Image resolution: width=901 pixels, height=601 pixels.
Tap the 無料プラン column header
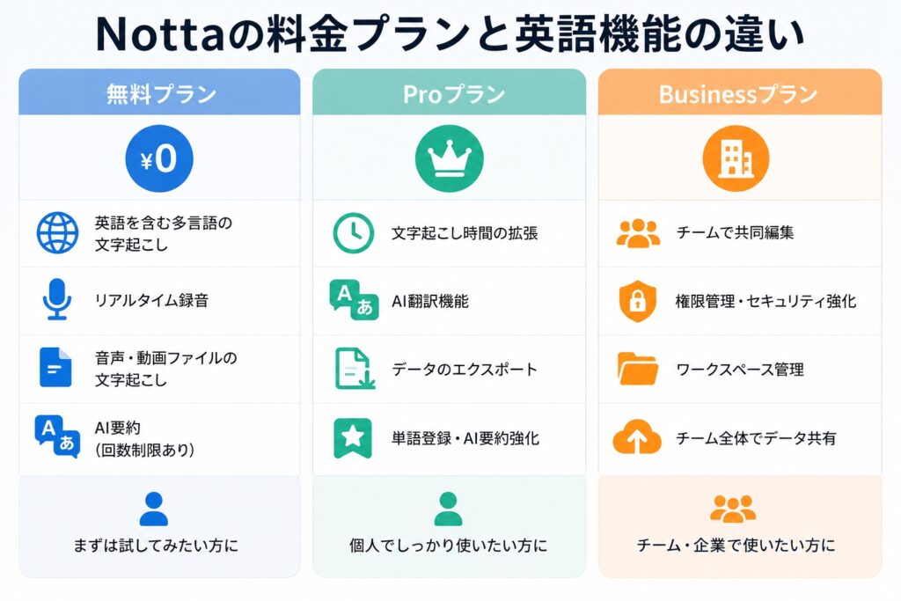point(161,94)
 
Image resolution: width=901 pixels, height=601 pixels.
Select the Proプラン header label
point(454,94)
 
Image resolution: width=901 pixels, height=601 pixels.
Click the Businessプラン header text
point(738,94)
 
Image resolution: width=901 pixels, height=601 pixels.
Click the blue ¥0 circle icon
point(159,158)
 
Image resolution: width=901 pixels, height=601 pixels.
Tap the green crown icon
point(450,158)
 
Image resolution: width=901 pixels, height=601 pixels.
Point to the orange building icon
point(736,158)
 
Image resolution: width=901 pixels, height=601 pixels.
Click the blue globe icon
point(57,232)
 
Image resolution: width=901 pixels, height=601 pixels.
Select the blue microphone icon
point(57,299)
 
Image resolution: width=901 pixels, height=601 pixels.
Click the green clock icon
point(354,232)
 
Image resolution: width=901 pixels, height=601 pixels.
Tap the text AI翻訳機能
point(430,301)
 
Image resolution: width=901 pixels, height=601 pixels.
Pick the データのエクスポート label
point(465,369)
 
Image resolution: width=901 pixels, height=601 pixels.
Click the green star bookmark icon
point(352,438)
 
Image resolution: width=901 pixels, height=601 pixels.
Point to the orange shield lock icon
point(637,301)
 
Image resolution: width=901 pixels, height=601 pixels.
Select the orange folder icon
point(637,369)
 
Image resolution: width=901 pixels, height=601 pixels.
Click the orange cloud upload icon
point(637,437)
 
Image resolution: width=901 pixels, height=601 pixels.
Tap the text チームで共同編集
point(735,232)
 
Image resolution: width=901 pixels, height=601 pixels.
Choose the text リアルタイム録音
point(151,301)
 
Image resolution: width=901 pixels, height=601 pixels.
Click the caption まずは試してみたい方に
point(156,546)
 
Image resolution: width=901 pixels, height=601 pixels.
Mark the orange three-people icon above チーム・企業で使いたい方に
point(733,509)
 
